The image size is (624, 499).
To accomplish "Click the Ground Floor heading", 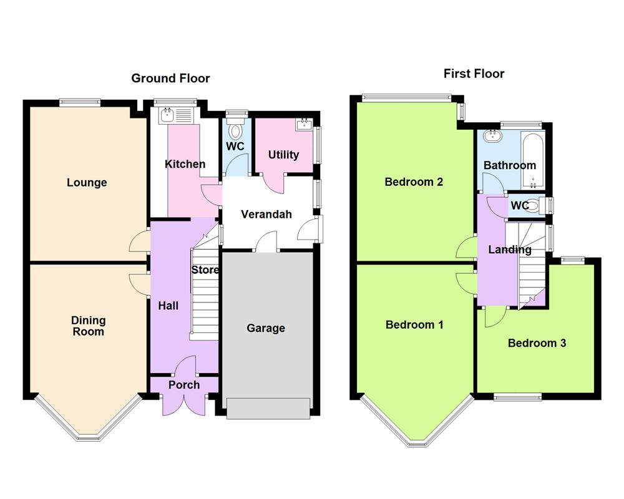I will pyautogui.click(x=170, y=79).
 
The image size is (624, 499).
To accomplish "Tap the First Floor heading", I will pyautogui.click(x=474, y=74).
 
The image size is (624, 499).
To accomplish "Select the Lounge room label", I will pyautogui.click(x=87, y=183).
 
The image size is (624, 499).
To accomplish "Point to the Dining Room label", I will pyautogui.click(x=88, y=326).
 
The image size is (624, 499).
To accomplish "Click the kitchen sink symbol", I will pyautogui.click(x=168, y=115).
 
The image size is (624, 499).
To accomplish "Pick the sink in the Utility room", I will pyautogui.click(x=304, y=124).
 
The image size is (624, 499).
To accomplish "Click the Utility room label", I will pyautogui.click(x=283, y=155).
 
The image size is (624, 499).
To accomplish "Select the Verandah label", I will pyautogui.click(x=266, y=215).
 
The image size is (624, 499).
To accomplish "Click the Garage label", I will pyautogui.click(x=266, y=328).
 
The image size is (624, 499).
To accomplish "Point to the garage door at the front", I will pyautogui.click(x=268, y=408).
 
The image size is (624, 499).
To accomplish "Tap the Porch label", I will pyautogui.click(x=184, y=385).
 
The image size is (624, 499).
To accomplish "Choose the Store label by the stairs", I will pyautogui.click(x=205, y=270).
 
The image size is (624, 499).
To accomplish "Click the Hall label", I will pyautogui.click(x=168, y=306).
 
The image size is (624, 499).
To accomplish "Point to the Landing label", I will pyautogui.click(x=510, y=249).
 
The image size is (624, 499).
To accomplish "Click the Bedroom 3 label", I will pyautogui.click(x=537, y=343).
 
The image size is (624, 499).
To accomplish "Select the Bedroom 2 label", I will pyautogui.click(x=414, y=182).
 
